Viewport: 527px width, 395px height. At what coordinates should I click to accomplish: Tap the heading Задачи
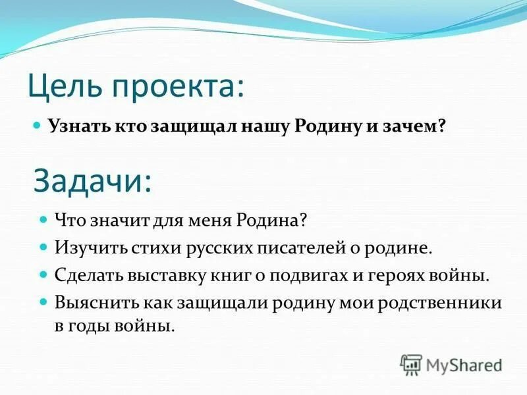(92, 179)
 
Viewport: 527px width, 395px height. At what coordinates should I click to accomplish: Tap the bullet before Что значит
(43, 218)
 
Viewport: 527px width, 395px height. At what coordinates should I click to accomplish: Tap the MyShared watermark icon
(412, 364)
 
